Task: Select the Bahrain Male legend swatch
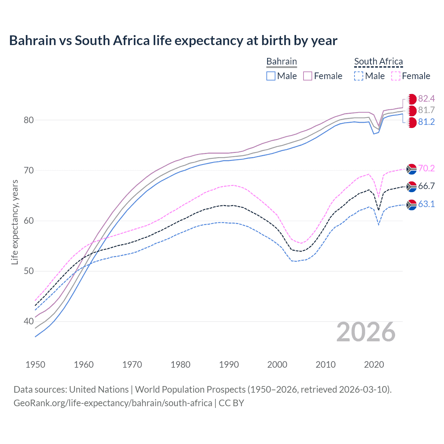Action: point(271,76)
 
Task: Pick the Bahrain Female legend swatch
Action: point(308,76)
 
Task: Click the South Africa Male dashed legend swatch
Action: point(359,76)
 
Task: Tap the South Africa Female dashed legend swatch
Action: point(395,76)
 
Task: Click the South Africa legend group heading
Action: point(378,62)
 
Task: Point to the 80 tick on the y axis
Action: point(29,120)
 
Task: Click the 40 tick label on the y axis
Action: point(29,321)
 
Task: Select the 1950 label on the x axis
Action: point(35,365)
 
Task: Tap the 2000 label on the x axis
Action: point(277,365)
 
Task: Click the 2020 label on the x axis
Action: point(374,365)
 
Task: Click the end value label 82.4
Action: point(426,99)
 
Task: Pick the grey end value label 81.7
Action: point(426,110)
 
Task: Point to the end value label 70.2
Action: point(426,169)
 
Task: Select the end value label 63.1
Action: point(426,204)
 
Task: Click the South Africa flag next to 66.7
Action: point(411,187)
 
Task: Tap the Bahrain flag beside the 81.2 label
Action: point(411,122)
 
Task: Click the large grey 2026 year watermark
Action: point(366,332)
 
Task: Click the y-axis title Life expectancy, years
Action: point(15,222)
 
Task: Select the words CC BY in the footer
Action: point(231,403)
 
